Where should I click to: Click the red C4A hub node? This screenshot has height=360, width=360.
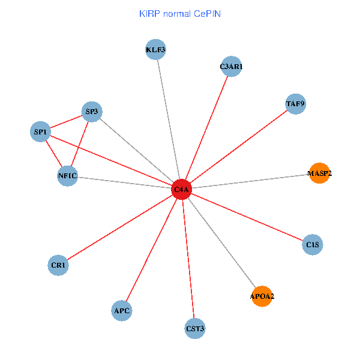tap(181, 190)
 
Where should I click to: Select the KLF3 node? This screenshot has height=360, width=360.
tap(155, 49)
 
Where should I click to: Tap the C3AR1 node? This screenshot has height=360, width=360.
tap(231, 67)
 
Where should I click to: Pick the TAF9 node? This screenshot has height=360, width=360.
tap(295, 104)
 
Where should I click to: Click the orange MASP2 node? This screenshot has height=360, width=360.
tap(319, 173)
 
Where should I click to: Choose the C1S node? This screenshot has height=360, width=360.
tap(312, 245)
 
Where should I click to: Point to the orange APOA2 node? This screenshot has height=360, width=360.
tap(262, 296)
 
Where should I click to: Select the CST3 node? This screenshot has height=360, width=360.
tap(195, 328)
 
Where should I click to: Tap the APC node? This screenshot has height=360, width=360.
tap(122, 311)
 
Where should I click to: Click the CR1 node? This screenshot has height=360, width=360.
tap(58, 265)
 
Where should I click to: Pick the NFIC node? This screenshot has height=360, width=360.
tap(67, 176)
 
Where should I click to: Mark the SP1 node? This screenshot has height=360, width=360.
tap(40, 131)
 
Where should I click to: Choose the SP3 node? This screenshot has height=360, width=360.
tap(92, 111)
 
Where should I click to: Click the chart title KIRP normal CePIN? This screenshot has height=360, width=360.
tap(179, 13)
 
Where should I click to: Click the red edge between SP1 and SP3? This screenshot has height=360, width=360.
tap(66, 121)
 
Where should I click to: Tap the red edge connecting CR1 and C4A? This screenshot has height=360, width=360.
tap(120, 227)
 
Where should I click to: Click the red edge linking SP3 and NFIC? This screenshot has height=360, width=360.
tap(80, 143)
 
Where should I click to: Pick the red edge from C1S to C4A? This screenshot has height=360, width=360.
tap(246, 217)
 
